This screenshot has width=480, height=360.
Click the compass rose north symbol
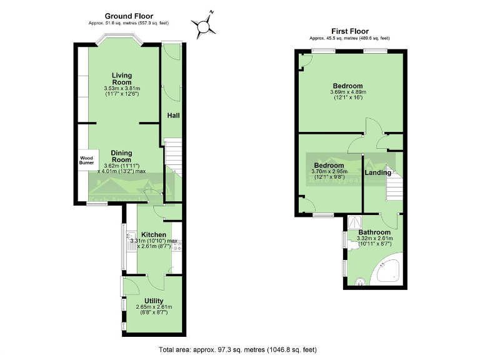204,25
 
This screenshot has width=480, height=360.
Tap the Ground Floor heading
129,16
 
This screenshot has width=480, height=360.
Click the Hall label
173,116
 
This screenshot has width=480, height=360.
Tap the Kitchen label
153,235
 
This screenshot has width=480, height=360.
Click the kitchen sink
131,240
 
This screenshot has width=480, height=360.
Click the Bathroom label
374,232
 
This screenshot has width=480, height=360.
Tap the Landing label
378,172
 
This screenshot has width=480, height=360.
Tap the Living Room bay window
119,44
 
